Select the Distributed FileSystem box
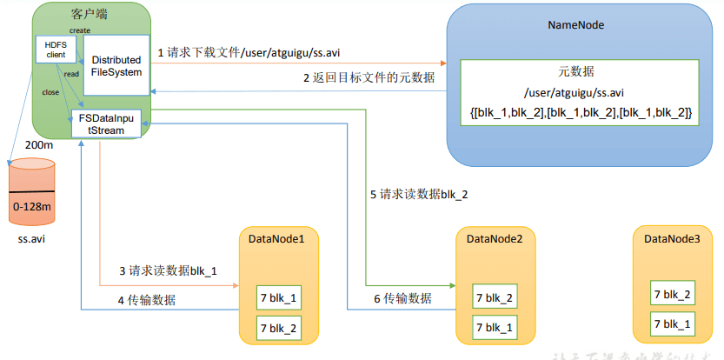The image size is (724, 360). point(116,66)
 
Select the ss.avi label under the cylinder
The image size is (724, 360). point(32,238)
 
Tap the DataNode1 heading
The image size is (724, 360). point(276,238)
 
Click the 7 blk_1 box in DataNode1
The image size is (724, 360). point(279,297)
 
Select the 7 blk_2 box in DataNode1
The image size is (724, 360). point(279,327)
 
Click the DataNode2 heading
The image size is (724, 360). point(494,238)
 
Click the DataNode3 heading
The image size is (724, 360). point(672,238)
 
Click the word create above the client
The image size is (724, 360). point(80,31)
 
